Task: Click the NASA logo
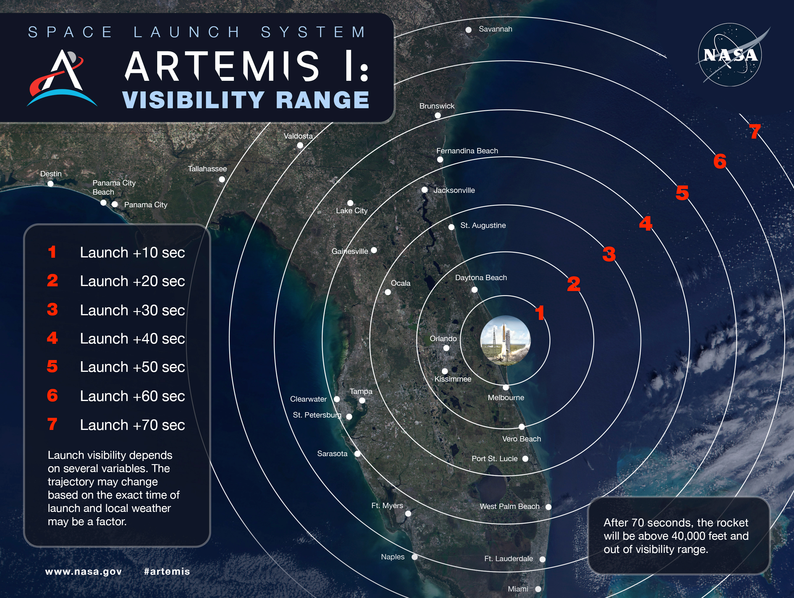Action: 730,55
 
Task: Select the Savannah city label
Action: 495,29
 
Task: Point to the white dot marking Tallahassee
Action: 222,179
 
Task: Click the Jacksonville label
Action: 454,190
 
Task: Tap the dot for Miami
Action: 538,589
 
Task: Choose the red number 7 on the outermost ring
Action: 755,132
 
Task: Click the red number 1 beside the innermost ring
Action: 539,313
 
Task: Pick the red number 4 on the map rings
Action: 645,223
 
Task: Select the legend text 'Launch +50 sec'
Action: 132,367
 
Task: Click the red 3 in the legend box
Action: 53,309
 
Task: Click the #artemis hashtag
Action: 167,571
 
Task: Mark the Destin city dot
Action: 51,184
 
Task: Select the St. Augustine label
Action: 483,225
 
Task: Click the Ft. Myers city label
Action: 387,506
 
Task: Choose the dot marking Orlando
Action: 446,348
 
